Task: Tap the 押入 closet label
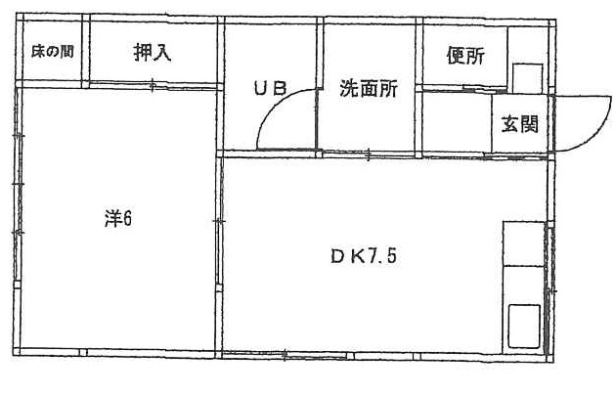(153, 54)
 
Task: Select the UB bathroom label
(270, 87)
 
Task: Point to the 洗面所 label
(368, 87)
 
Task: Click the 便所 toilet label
(464, 56)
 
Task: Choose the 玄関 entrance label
(520, 124)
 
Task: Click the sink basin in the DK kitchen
(523, 324)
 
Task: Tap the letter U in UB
(261, 87)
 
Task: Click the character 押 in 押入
(143, 54)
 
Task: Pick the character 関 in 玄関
(530, 124)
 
